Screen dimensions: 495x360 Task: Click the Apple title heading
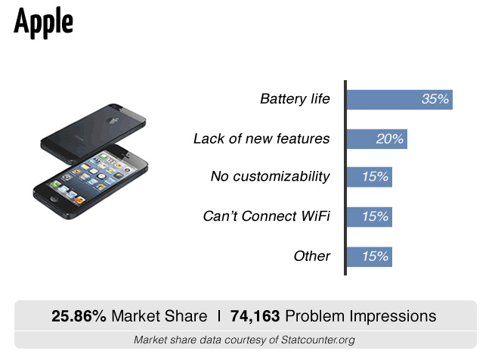tap(44, 23)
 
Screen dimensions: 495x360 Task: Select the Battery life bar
tap(400, 100)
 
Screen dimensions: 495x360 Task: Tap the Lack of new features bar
tap(377, 139)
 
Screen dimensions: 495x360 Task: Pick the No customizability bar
tap(370, 177)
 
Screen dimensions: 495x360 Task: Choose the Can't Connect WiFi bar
tap(370, 217)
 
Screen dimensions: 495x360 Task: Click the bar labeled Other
tap(370, 256)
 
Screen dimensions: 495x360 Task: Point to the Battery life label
tap(295, 99)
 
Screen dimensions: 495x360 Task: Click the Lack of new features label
tap(261, 138)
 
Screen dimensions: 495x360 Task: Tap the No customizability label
tap(271, 176)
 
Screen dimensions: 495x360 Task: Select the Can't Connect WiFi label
tap(267, 216)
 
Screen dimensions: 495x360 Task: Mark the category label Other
tap(312, 256)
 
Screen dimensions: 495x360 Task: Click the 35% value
tap(435, 99)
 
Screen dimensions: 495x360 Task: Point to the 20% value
tap(389, 138)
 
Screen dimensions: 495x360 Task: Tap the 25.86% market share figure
tap(79, 316)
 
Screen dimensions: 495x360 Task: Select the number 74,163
tap(255, 316)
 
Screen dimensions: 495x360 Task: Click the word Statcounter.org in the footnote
tap(318, 340)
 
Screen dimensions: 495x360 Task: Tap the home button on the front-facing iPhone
tap(54, 199)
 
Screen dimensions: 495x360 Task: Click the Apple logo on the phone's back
tap(113, 120)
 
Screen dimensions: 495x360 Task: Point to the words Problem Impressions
tap(360, 316)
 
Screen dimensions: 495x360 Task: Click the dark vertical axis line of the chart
tap(345, 178)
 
